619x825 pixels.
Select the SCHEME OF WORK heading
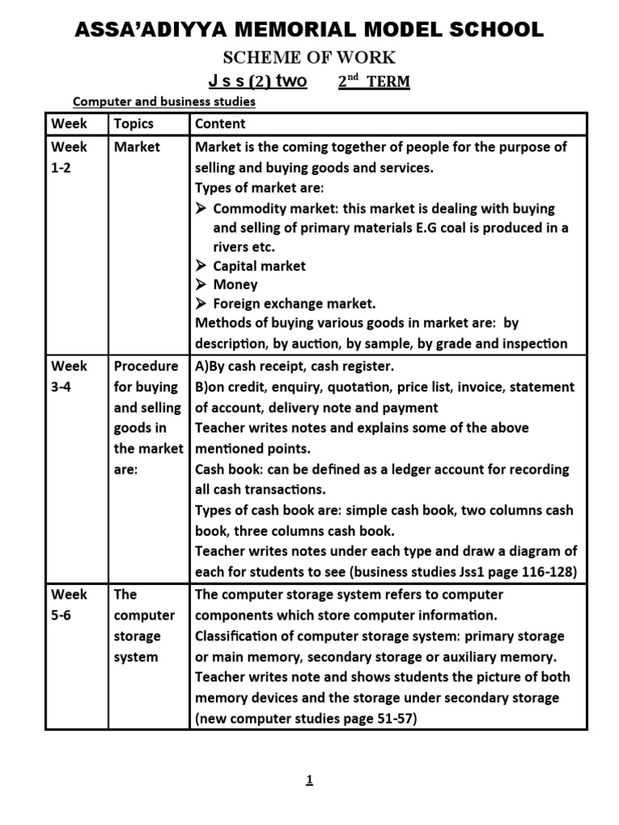coord(309,57)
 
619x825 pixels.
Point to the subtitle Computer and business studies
coord(164,102)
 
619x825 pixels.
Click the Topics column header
coord(134,124)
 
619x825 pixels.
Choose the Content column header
coord(221,124)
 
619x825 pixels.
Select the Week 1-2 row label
coord(70,157)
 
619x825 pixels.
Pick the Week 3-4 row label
coord(70,376)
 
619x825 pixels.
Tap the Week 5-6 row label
coord(70,605)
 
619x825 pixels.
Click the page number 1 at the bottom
coord(309,779)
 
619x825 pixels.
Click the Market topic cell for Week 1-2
coord(137,147)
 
